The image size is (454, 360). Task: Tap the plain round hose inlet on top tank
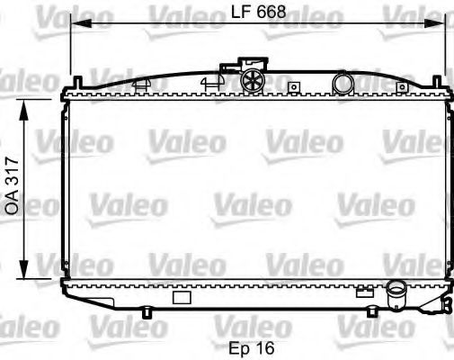[x=343, y=84]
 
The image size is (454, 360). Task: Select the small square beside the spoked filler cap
[x=292, y=87]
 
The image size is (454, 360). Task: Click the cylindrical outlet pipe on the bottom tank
[x=396, y=293]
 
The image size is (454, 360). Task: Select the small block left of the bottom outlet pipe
[x=364, y=291]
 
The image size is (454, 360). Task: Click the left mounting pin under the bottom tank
[x=146, y=313]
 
